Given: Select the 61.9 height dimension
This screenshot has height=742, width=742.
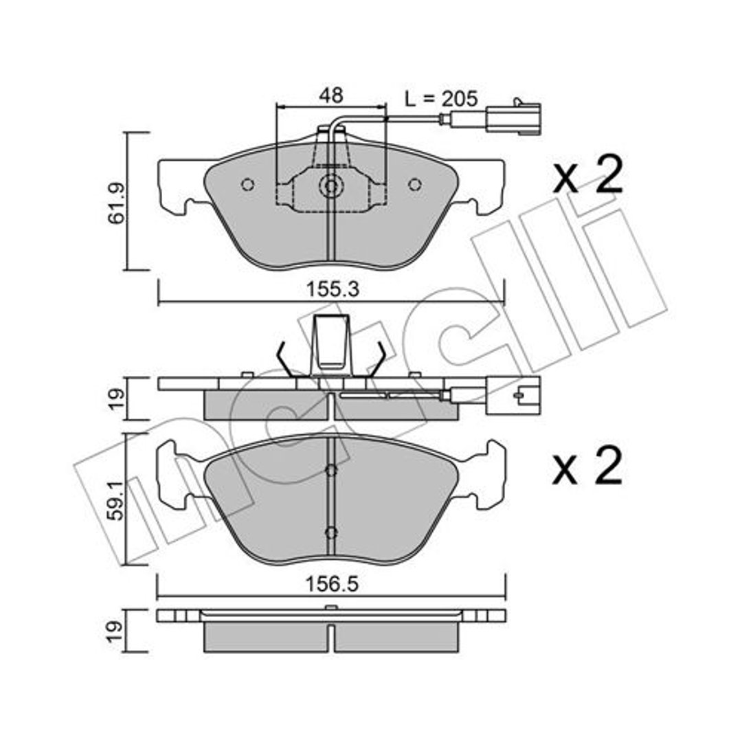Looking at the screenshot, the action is tap(117, 202).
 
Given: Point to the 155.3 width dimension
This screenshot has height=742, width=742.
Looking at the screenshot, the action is tap(333, 289).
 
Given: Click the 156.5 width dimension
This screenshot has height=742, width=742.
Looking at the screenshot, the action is tap(332, 585).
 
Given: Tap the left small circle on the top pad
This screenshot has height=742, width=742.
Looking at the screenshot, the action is tap(247, 185).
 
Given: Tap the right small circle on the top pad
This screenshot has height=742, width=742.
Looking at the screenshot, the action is tap(415, 185).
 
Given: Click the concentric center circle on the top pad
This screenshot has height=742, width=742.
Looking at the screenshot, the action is tap(330, 185).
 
